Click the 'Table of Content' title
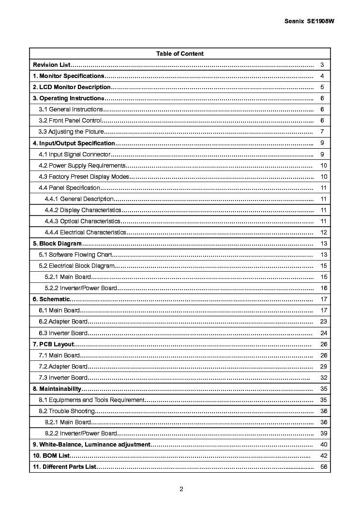point(180,54)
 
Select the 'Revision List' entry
point(52,65)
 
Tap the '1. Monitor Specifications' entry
point(68,76)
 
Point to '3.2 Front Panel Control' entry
point(70,121)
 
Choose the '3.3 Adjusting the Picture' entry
point(71,132)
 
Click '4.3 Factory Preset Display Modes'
point(84,177)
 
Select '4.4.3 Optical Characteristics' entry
point(83,221)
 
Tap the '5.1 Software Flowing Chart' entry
point(75,255)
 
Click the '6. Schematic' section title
point(51,299)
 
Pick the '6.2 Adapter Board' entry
point(63,322)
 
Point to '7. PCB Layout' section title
point(53,344)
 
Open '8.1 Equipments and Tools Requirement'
point(91,400)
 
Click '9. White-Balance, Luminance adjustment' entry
point(91,445)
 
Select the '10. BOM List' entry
point(51,456)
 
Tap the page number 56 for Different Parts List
point(324,467)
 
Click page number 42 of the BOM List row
point(324,456)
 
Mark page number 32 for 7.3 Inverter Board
point(324,378)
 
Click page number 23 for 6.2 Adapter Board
point(324,322)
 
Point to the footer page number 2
point(181,489)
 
